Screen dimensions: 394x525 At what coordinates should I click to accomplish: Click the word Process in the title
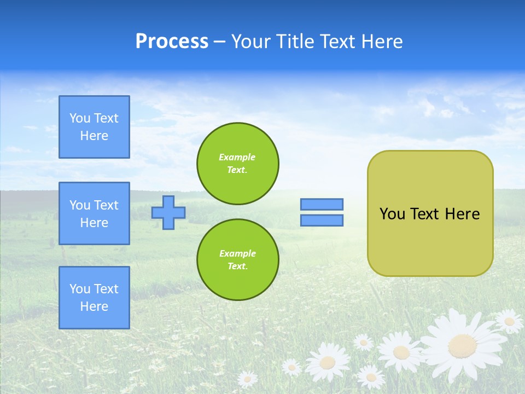coord(172,42)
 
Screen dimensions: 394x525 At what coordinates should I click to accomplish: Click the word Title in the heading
coord(294,42)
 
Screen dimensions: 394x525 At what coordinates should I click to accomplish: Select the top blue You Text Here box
coord(94,127)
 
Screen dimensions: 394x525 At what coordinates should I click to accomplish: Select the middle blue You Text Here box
coord(94,213)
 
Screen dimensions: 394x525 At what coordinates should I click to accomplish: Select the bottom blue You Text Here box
coord(94,298)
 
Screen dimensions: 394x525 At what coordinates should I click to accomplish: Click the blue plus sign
coord(168,212)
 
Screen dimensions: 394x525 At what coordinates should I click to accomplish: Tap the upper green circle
coord(238,164)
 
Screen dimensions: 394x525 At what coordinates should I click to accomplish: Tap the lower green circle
coord(238,259)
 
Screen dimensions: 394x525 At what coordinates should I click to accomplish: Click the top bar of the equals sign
coord(322,204)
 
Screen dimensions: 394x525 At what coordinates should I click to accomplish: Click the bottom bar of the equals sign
coord(322,220)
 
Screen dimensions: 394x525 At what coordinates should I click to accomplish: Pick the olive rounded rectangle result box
coord(430,241)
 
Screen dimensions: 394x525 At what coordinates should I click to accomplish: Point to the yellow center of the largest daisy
coord(462,345)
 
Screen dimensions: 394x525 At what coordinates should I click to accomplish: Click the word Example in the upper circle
coord(237,157)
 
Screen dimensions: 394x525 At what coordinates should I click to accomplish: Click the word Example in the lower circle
coord(237,253)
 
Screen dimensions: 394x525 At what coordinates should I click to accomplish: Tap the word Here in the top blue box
coord(94,136)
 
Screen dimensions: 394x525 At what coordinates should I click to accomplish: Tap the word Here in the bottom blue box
coord(94,306)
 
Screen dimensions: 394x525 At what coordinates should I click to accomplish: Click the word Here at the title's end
coord(382,42)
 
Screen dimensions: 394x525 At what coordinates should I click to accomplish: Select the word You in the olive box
coord(392,214)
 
